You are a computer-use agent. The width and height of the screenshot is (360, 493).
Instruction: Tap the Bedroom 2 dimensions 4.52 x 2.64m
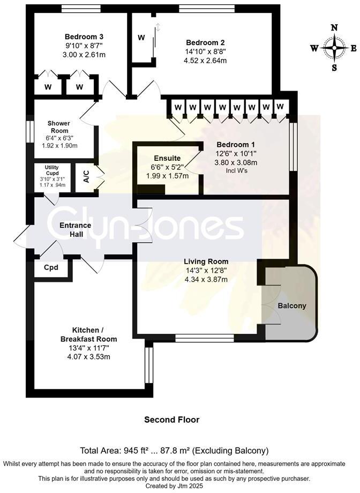(205, 61)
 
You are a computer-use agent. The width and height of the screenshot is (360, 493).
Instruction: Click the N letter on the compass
(335, 28)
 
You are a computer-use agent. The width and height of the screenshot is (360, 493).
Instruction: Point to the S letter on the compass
(334, 68)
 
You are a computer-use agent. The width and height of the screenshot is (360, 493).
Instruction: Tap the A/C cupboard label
(86, 177)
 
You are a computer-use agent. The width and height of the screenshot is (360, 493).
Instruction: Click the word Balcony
(292, 306)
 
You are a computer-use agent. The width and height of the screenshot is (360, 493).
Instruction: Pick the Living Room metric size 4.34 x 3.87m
(206, 279)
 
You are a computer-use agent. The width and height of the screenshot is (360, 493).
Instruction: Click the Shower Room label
(60, 127)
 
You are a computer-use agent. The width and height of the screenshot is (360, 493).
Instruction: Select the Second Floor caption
(171, 420)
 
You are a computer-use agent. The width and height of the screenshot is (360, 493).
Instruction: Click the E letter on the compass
(354, 48)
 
